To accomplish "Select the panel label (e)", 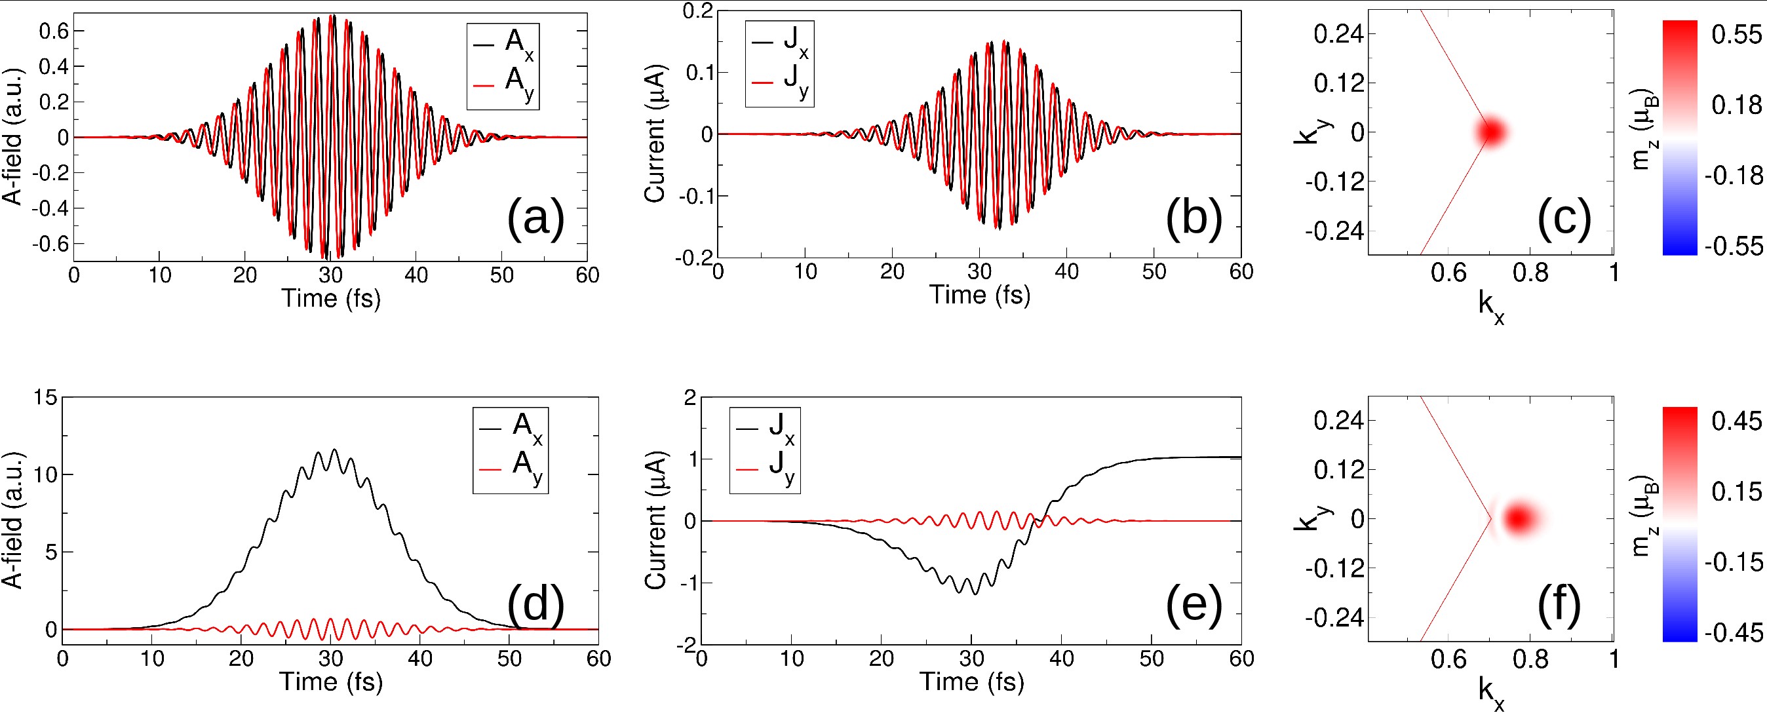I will [x=1194, y=606].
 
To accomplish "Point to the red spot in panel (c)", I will [x=1491, y=132].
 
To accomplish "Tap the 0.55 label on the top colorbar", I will [x=1736, y=34].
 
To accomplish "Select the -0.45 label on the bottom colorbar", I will [x=1734, y=632].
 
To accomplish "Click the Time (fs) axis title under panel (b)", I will [x=980, y=295].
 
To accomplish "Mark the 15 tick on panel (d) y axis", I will [x=45, y=397].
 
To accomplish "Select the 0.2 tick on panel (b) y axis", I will [x=697, y=12].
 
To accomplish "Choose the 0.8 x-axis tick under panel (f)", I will [x=1530, y=659].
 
